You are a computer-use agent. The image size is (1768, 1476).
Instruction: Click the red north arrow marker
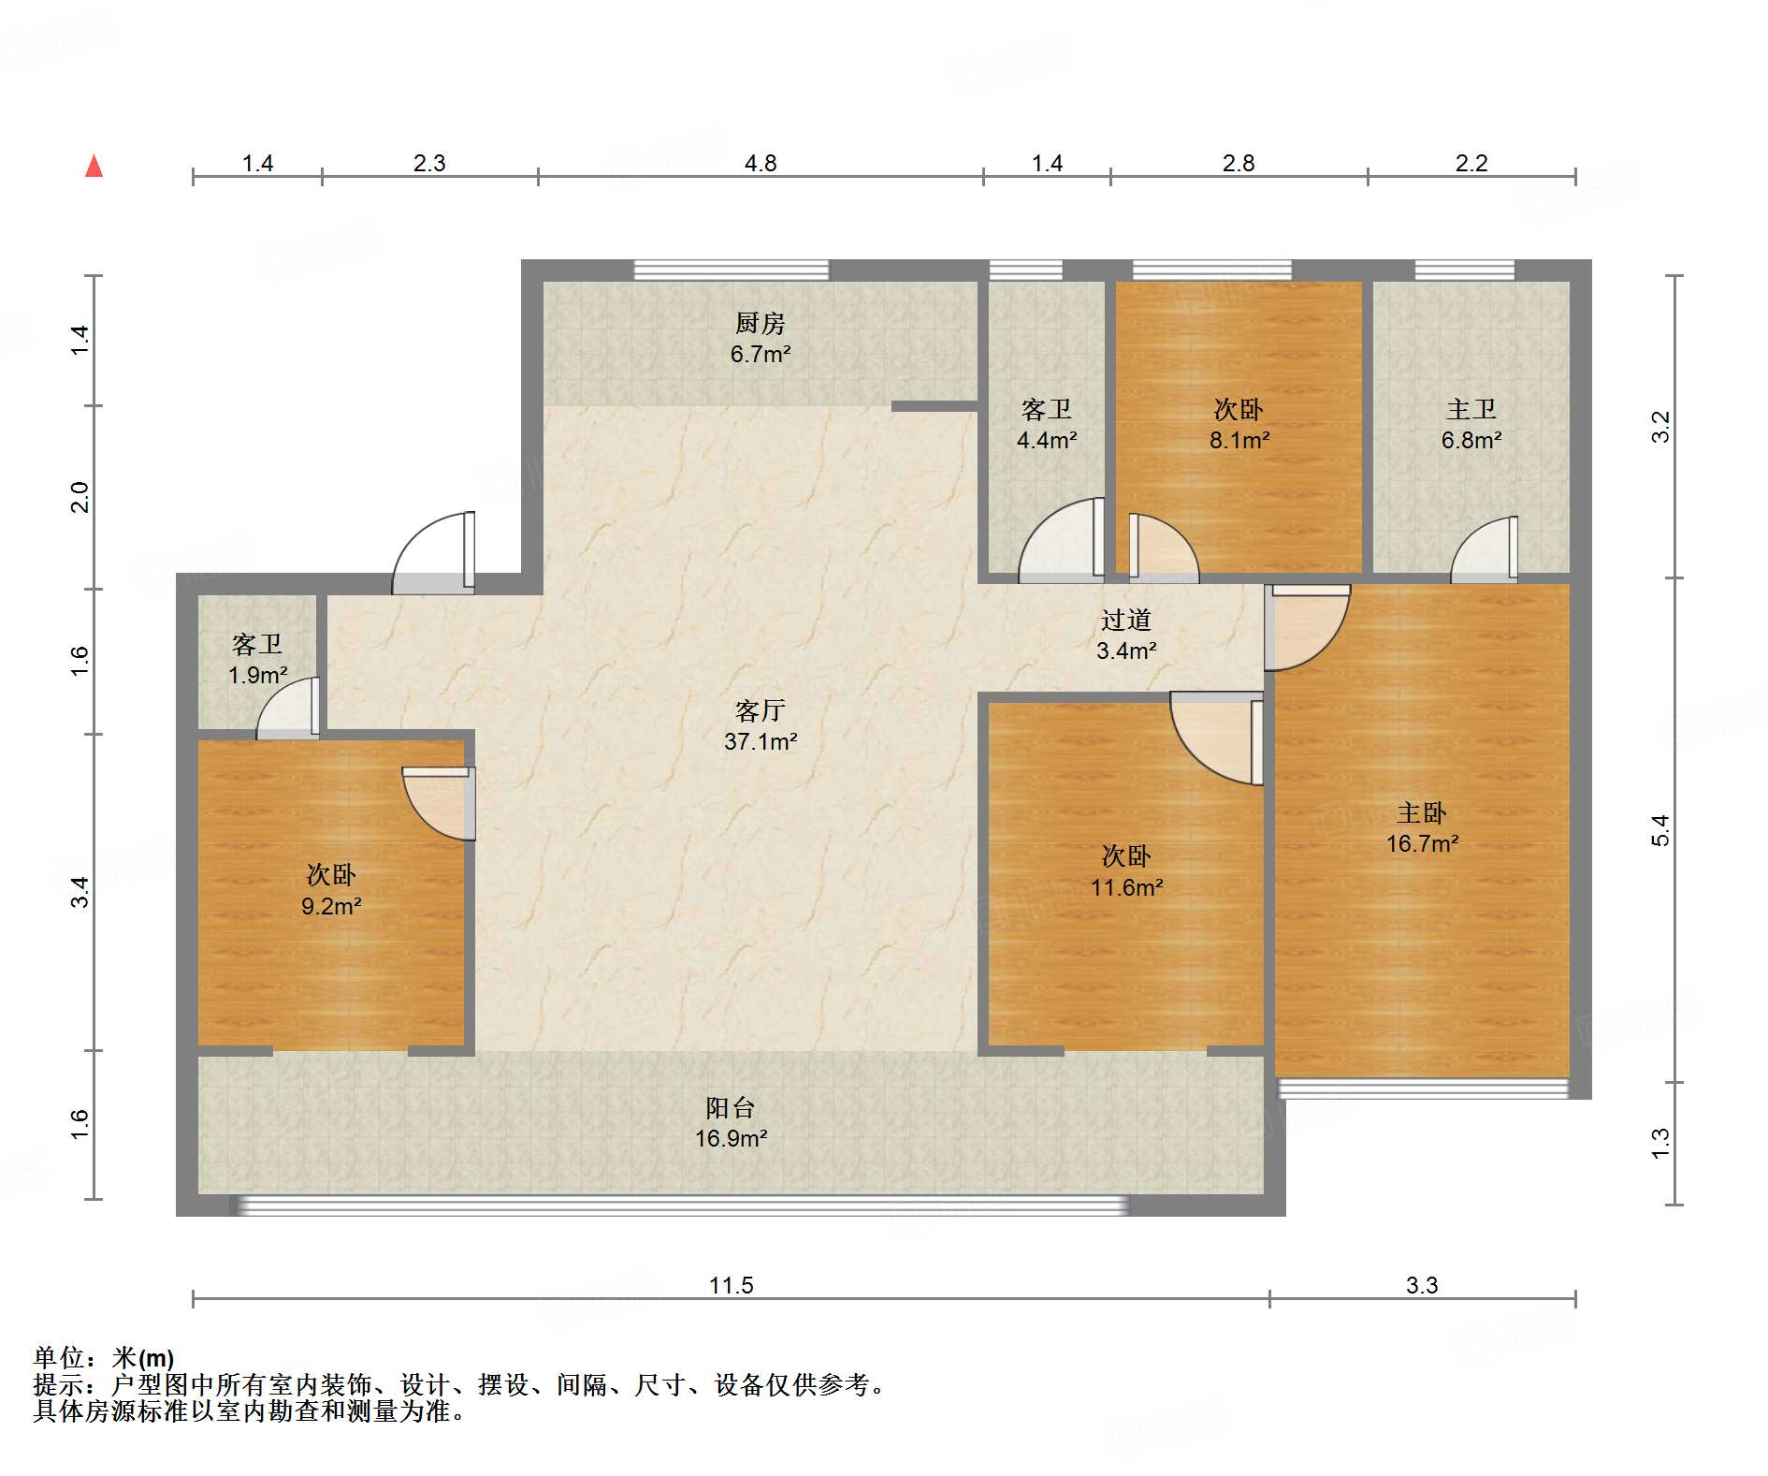pos(94,166)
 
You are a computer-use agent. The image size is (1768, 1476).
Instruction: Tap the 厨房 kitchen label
pos(760,323)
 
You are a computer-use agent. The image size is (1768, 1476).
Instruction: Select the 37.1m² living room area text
pos(761,741)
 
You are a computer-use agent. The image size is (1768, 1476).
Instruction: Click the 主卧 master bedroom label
pos(1422,812)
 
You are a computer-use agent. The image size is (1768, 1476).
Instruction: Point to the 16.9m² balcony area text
pos(732,1138)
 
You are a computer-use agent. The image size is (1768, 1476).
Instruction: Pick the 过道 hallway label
pos(1125,620)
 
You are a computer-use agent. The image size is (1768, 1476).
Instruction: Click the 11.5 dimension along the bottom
pos(731,1285)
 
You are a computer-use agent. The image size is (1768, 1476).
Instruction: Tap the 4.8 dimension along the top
pos(761,163)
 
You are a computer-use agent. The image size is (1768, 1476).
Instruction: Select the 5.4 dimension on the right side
pos(1659,830)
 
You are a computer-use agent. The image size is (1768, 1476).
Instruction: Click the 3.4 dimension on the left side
pos(80,891)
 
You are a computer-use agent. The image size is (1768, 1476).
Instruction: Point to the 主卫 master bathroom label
pos(1471,409)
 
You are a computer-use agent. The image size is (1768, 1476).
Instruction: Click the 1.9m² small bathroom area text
pos(257,675)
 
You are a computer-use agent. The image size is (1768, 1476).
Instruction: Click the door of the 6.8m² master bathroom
pos(1485,549)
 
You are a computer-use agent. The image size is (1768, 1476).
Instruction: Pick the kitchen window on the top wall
pos(732,270)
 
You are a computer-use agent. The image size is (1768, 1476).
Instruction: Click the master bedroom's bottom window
pos(1423,1088)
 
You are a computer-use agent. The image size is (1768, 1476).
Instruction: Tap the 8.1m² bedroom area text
pos(1239,440)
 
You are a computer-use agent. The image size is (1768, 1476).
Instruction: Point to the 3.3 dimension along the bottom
pos(1422,1285)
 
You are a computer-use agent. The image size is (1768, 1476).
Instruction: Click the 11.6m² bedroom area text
pos(1126,887)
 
